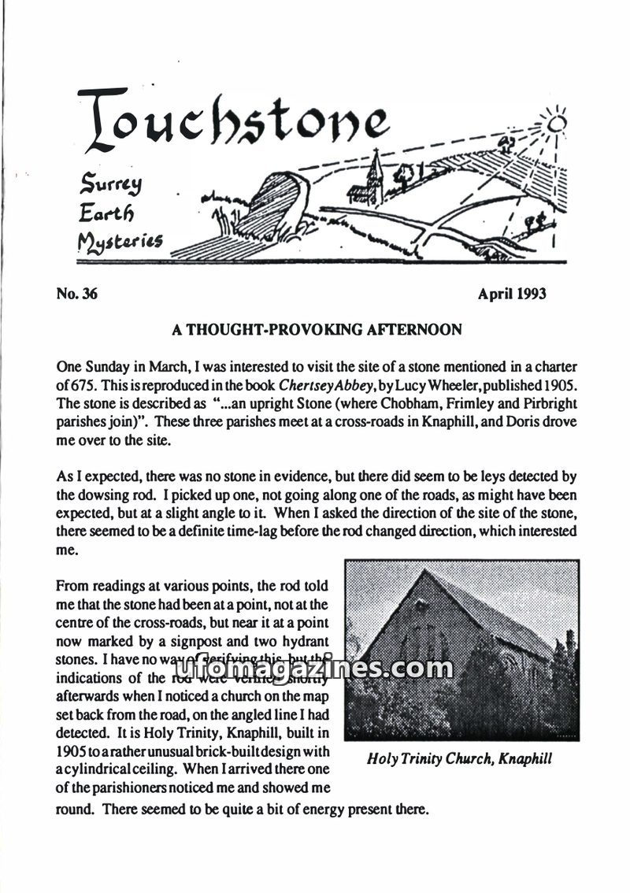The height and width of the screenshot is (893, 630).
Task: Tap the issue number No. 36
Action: pyautogui.click(x=76, y=295)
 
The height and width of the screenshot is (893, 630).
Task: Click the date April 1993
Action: pyautogui.click(x=512, y=295)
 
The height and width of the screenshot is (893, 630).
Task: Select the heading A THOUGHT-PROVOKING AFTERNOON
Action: pyautogui.click(x=317, y=330)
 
